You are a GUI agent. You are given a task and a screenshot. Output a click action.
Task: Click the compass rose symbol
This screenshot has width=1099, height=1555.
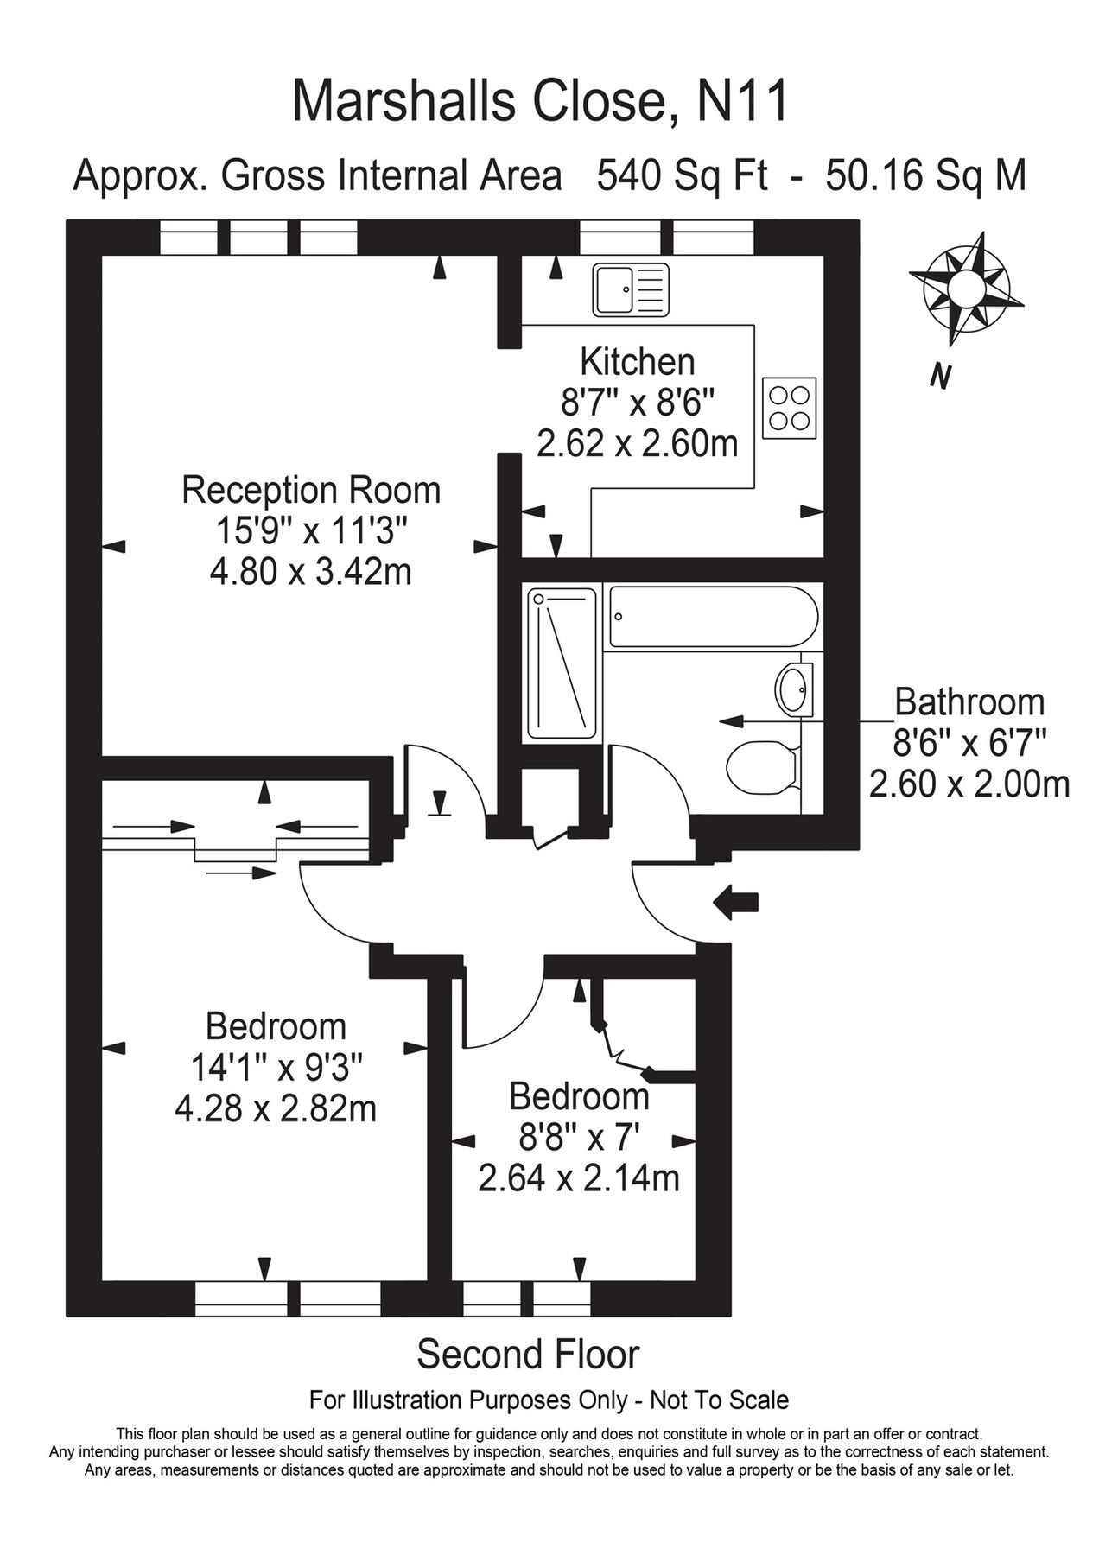965,287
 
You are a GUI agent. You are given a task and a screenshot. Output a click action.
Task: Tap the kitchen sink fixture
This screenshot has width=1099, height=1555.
631,289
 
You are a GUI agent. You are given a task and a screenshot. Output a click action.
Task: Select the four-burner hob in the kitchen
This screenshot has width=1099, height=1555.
789,408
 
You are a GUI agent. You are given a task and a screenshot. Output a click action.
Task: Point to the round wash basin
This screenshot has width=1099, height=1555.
793,689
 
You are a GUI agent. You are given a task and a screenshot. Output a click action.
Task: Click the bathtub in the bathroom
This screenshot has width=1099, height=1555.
713,617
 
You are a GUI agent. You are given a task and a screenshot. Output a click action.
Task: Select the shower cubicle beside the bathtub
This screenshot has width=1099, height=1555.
562,663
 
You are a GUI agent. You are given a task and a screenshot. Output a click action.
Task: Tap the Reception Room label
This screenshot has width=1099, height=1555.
311,490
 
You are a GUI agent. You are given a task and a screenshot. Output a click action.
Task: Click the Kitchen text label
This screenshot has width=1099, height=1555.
637,361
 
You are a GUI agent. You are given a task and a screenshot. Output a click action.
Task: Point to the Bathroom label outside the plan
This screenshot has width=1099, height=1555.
969,701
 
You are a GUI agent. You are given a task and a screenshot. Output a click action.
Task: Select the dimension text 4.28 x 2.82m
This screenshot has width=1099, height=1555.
276,1108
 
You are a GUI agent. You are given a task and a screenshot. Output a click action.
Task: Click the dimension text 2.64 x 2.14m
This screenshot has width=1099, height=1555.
579,1177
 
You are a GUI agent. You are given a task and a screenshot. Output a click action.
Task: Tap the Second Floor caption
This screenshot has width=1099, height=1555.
528,1355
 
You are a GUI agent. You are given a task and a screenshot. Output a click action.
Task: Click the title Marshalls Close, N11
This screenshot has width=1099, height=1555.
541,102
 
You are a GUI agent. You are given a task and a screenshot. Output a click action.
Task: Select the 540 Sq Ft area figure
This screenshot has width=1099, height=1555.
682,175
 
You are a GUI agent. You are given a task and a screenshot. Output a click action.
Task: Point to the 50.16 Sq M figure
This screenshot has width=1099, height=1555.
926,175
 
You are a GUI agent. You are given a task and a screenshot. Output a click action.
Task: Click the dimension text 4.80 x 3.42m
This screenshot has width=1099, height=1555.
310,571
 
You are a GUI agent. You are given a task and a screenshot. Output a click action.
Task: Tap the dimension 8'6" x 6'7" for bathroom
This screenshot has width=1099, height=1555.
969,743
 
